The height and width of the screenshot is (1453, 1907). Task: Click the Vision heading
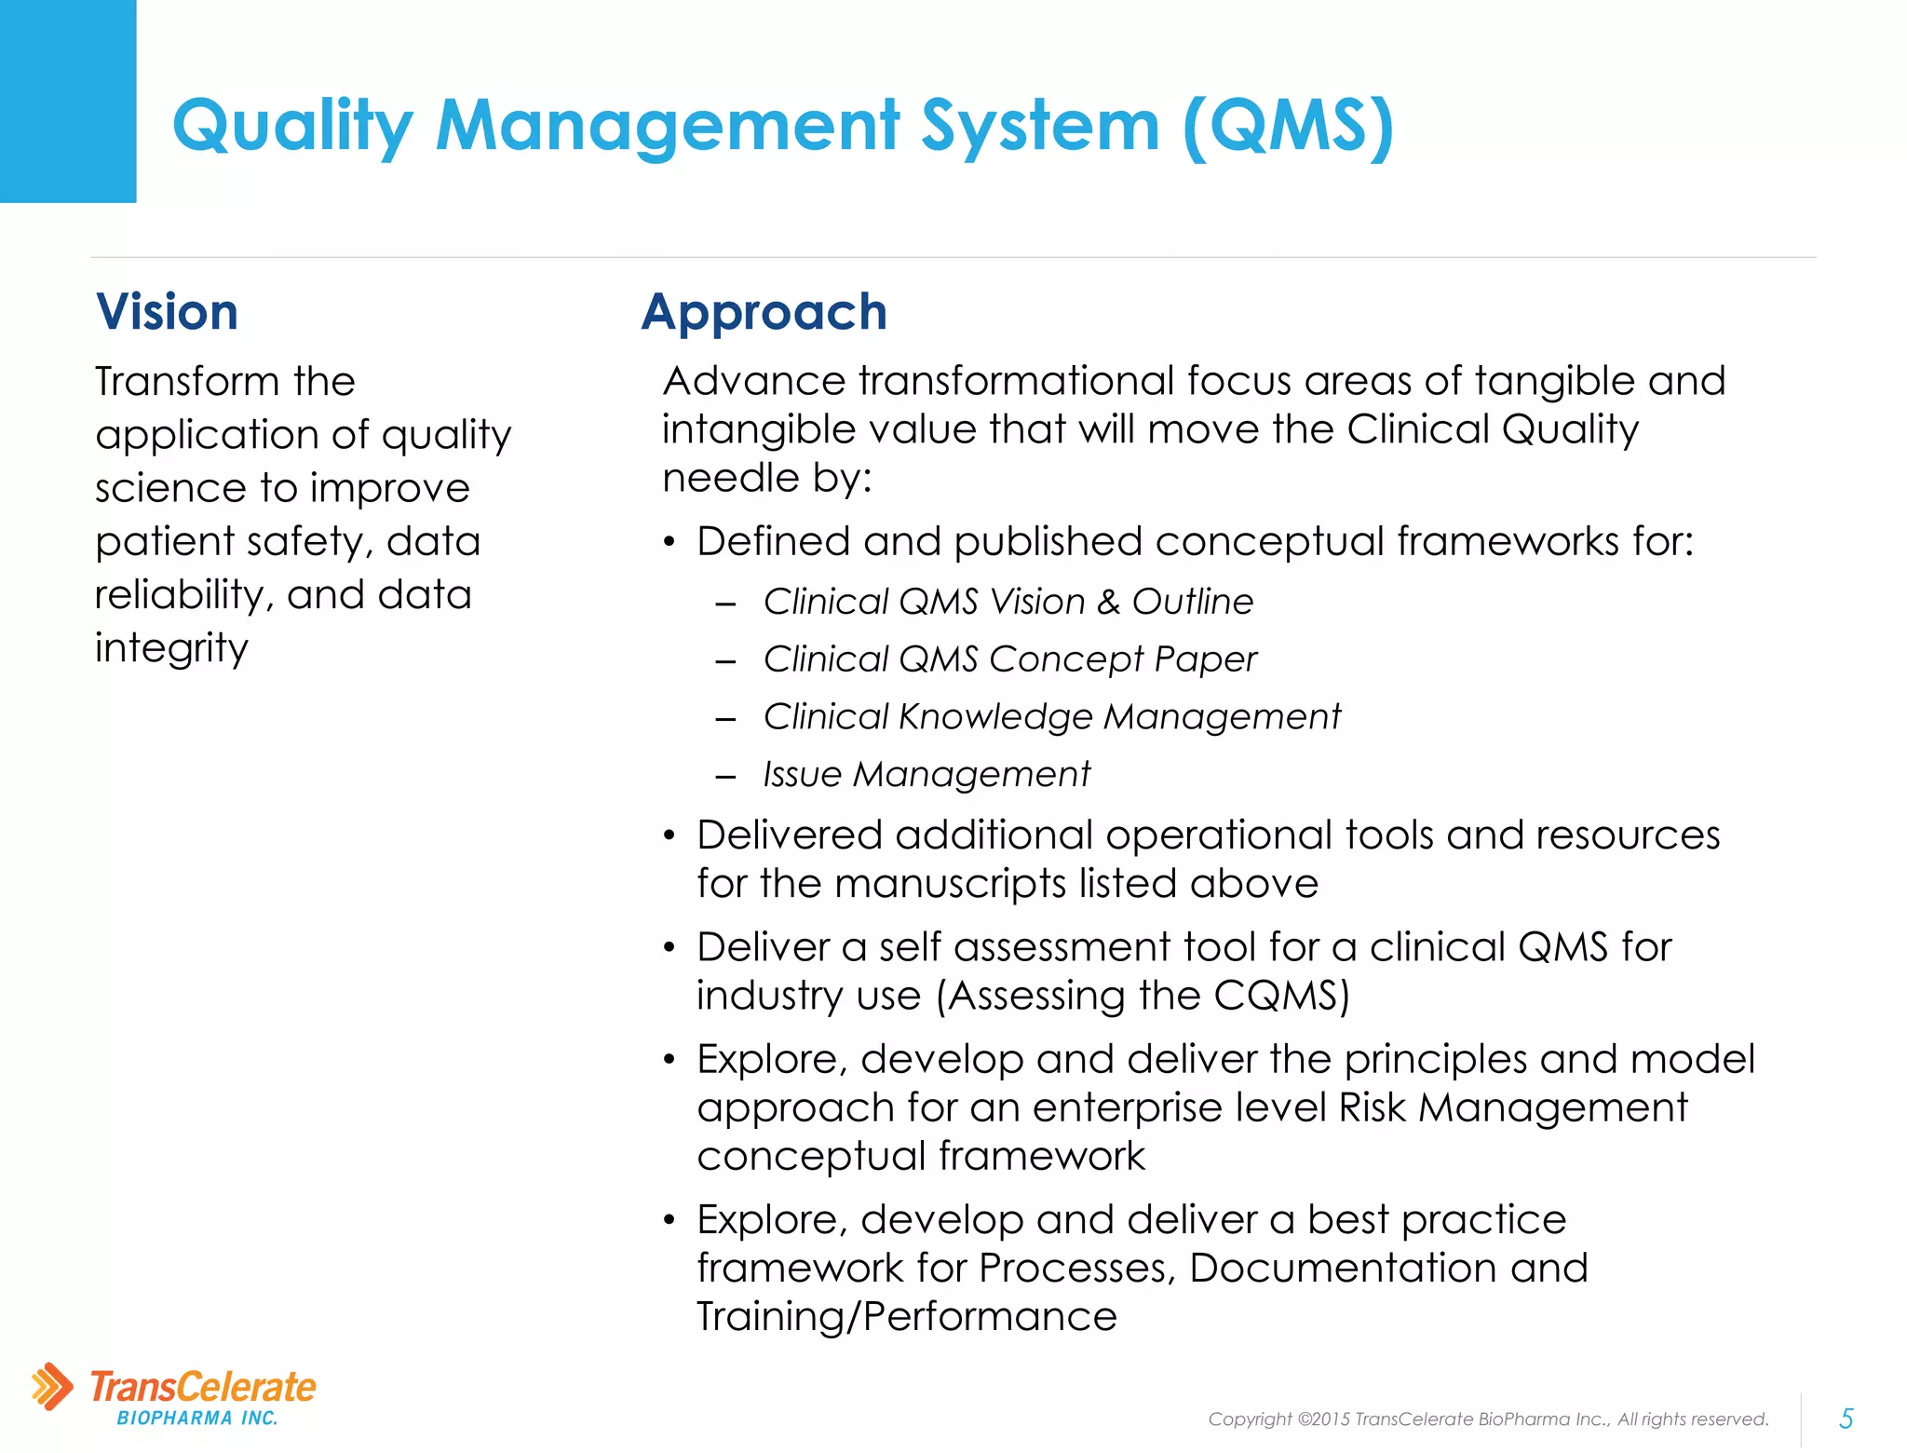pyautogui.click(x=167, y=311)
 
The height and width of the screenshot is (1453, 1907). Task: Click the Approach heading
pyautogui.click(x=764, y=311)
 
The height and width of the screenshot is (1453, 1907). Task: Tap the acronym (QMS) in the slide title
pyautogui.click(x=1289, y=126)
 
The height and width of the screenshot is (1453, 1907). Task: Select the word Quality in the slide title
pyautogui.click(x=292, y=126)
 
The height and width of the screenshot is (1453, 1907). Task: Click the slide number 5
pyautogui.click(x=1846, y=1419)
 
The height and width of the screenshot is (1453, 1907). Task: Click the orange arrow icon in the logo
pyautogui.click(x=52, y=1386)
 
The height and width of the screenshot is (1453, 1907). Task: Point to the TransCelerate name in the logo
pyautogui.click(x=203, y=1386)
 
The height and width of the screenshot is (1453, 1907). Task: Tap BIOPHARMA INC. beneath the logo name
pyautogui.click(x=197, y=1419)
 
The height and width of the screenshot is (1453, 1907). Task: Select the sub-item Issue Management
pyautogui.click(x=926, y=774)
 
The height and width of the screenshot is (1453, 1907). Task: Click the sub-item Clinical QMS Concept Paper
pyautogui.click(x=1009, y=659)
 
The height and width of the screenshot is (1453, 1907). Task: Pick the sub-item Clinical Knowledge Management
pyautogui.click(x=1051, y=716)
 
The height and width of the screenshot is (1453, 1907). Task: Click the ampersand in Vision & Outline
pyautogui.click(x=1108, y=602)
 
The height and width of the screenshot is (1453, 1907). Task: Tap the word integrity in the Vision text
pyautogui.click(x=171, y=647)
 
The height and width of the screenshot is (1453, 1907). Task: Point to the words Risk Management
pyautogui.click(x=1512, y=1107)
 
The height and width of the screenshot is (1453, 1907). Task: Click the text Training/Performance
pyautogui.click(x=906, y=1316)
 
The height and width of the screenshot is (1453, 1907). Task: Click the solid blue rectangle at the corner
pyautogui.click(x=68, y=101)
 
